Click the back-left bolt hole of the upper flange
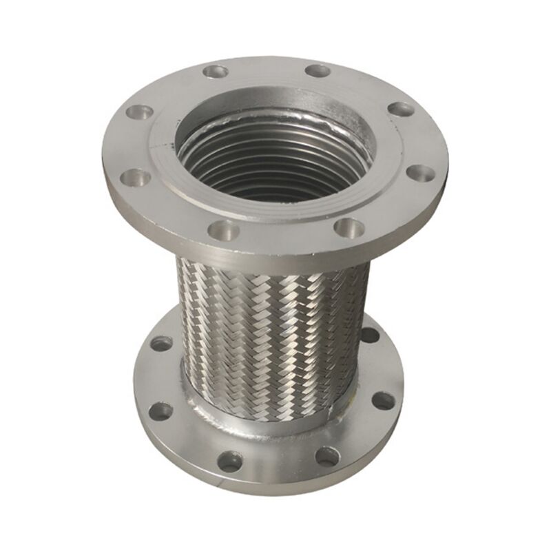click(x=216, y=70)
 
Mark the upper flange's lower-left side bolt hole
click(x=136, y=178)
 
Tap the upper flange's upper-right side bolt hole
click(x=400, y=108)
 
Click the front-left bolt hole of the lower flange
click(x=230, y=461)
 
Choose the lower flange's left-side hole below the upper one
click(x=161, y=411)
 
